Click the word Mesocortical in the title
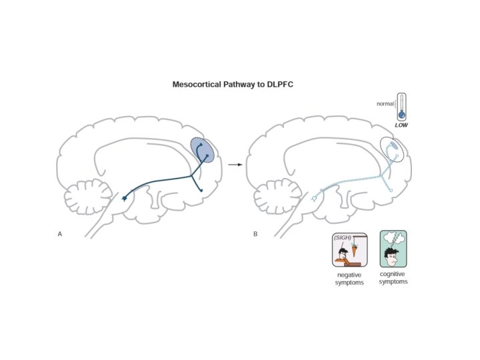197,85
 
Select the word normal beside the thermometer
385,104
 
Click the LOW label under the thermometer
401,125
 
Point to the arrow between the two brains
235,163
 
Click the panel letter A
60,234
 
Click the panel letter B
255,234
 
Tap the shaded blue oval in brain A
203,152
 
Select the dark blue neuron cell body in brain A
125,199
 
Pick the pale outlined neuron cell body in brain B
315,198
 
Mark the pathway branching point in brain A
193,176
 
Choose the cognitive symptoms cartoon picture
393,248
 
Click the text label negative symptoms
349,279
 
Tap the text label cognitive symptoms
393,278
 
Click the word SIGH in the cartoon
342,238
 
